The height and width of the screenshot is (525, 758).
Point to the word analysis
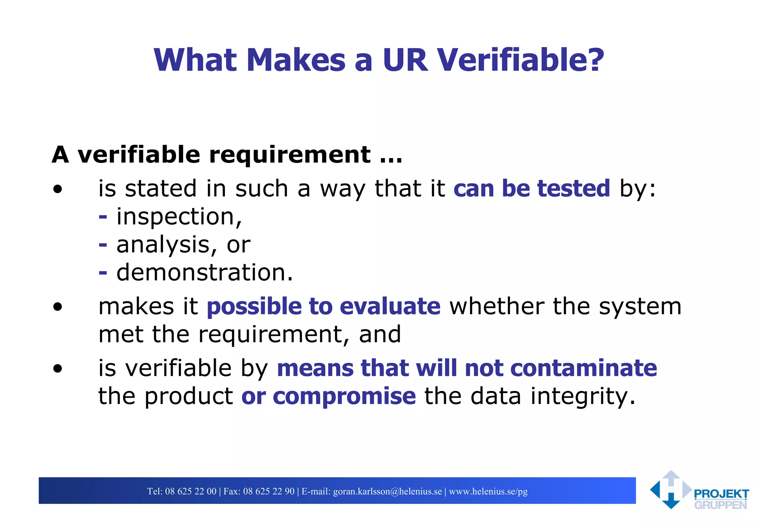pos(163,245)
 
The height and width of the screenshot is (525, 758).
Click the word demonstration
pos(205,272)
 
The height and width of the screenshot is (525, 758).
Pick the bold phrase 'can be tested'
pos(531,188)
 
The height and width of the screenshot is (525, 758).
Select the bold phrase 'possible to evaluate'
pos(323,307)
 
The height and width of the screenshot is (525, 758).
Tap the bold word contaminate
pos(583,368)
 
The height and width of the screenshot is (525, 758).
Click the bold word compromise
pos(344,396)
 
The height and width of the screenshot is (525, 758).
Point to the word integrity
pos(583,396)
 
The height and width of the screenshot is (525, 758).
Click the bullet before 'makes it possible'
pos(57,307)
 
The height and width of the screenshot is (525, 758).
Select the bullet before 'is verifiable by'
pos(57,368)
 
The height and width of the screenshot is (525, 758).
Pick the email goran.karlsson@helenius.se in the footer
pos(388,491)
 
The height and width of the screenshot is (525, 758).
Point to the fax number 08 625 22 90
pos(269,491)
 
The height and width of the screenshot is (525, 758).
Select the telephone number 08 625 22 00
pos(191,491)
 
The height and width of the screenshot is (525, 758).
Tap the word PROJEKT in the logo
pos(721,494)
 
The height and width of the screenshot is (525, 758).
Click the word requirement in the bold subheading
pos(290,154)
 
